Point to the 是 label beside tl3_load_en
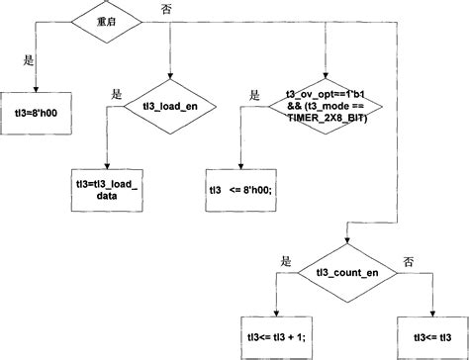(116, 96)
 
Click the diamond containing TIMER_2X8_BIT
(325, 105)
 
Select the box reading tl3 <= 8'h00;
(239, 189)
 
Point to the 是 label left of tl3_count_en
(287, 261)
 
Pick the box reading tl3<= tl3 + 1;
(277, 337)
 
